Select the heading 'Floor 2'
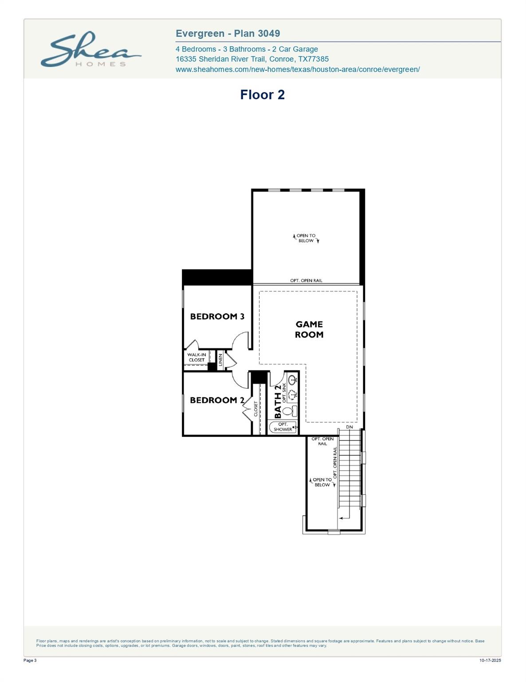click(262, 95)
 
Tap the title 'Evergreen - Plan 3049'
click(228, 33)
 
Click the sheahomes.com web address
click(298, 69)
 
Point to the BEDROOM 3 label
click(217, 317)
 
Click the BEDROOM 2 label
click(217, 400)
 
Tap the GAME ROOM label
click(309, 329)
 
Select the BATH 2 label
click(278, 402)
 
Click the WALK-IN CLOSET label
click(196, 357)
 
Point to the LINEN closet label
click(220, 359)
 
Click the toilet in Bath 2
click(288, 411)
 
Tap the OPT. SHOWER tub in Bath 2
click(283, 427)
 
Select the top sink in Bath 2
click(292, 380)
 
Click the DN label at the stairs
click(349, 427)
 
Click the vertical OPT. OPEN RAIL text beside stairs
click(335, 463)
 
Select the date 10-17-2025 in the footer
click(490, 661)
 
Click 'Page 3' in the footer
click(30, 661)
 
